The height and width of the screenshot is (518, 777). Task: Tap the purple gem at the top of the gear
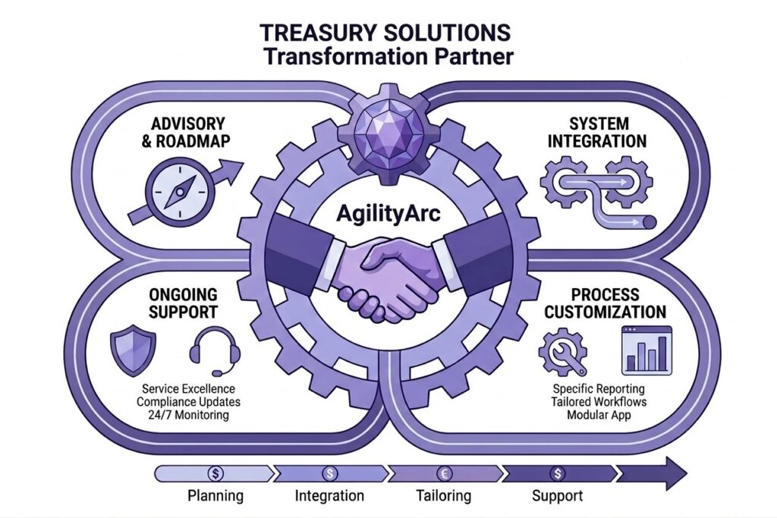coord(388,129)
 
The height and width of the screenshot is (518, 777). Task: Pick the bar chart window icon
coord(646,350)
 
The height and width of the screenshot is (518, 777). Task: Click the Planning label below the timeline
coord(216,497)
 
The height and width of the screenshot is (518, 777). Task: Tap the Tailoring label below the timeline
coord(444,497)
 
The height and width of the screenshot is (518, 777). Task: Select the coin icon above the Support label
coord(558,473)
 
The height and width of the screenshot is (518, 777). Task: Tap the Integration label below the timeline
coord(329,497)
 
